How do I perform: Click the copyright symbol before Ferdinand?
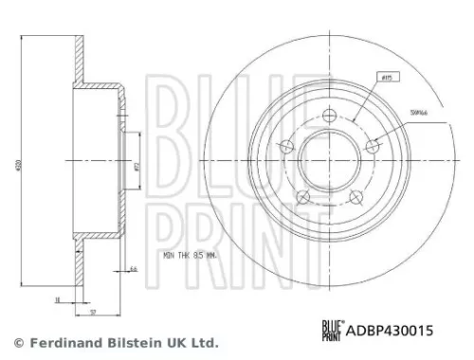click(17, 342)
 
